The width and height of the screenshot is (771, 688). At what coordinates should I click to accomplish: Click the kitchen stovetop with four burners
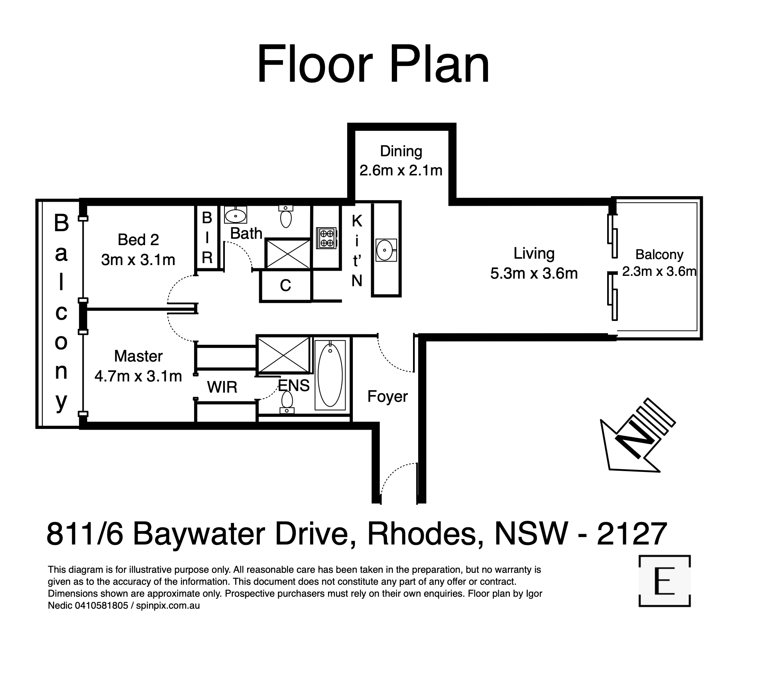point(326,238)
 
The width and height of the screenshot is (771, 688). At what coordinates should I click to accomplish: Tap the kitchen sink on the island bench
point(386,250)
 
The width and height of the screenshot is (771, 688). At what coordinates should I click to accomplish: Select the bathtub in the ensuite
point(330,375)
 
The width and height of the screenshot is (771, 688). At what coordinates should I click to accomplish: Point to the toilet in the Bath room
point(286,216)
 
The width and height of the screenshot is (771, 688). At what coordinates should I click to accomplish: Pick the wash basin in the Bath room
point(236,215)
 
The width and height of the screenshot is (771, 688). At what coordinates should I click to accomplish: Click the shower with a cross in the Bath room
point(288,254)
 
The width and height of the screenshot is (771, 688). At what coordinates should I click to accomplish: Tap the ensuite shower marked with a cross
point(283,354)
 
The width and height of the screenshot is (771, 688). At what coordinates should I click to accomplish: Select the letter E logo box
point(664,581)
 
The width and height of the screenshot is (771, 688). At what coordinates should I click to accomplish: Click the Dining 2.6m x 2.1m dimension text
point(401,170)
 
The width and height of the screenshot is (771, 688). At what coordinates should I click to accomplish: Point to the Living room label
point(534,254)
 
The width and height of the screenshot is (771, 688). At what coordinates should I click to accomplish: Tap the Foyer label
point(387,396)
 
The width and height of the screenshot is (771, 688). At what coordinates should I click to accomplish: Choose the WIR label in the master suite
point(222,387)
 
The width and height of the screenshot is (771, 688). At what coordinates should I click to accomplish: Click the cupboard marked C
point(285,285)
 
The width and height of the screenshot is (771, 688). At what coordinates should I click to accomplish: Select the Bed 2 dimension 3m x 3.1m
point(138,260)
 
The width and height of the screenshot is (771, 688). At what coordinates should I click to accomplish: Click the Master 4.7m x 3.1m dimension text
point(138,376)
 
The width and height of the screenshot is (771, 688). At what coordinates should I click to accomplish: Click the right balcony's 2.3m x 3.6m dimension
point(659,271)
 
